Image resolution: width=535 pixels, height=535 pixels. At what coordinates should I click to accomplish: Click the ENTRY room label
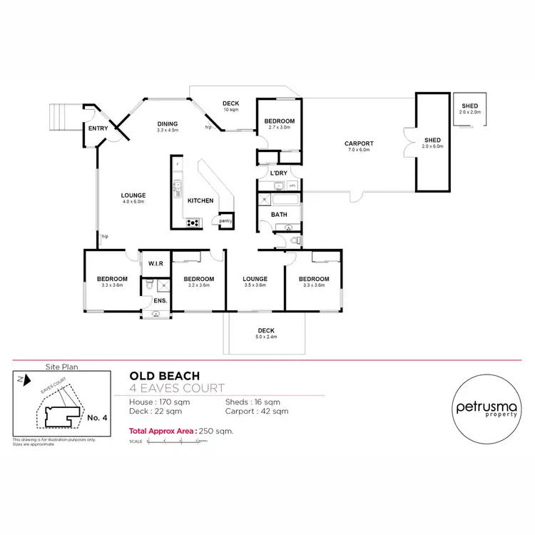click(97, 129)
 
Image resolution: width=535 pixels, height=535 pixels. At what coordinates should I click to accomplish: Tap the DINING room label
click(168, 124)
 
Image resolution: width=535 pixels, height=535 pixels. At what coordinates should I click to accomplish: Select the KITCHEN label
click(200, 201)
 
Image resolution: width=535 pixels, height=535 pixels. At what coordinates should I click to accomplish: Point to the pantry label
click(225, 220)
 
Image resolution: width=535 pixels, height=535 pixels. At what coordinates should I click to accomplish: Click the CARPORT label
click(360, 144)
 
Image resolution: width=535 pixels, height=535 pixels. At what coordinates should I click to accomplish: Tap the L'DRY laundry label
click(278, 173)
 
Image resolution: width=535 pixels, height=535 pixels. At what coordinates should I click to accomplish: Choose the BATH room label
click(279, 214)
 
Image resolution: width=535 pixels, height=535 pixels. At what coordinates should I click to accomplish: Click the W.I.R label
click(156, 264)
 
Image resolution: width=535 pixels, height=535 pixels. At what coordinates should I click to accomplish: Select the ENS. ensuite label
click(160, 301)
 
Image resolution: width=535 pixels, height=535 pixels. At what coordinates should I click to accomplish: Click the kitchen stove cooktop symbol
click(193, 223)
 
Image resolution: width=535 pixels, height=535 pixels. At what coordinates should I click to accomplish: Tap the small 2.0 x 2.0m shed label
click(470, 108)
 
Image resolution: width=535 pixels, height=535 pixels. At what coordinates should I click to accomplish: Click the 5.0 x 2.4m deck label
click(266, 332)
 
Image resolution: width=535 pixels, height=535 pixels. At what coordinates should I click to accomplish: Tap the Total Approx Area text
click(181, 431)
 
